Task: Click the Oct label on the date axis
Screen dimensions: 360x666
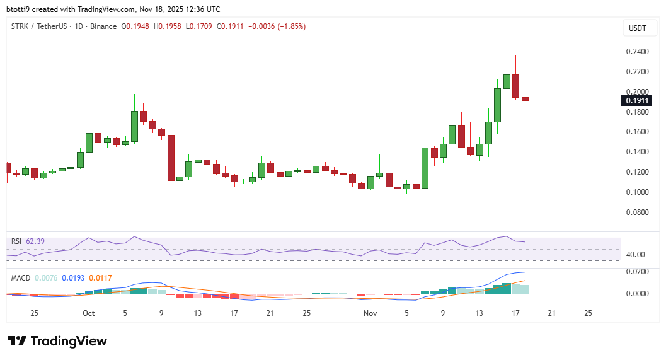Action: (x=88, y=313)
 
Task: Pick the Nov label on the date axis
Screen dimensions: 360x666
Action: (x=370, y=313)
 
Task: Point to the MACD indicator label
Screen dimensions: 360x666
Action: (x=20, y=277)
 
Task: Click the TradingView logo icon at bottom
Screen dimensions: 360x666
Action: (x=16, y=341)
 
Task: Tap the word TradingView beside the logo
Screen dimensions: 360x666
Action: (x=69, y=341)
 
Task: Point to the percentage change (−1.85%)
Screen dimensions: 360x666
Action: (x=290, y=26)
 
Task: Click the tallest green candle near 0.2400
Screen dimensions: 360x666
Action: (x=507, y=81)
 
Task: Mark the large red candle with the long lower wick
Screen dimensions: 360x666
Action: (x=171, y=158)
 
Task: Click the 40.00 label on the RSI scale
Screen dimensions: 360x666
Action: (x=636, y=255)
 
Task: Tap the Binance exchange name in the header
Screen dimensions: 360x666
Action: (x=103, y=26)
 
